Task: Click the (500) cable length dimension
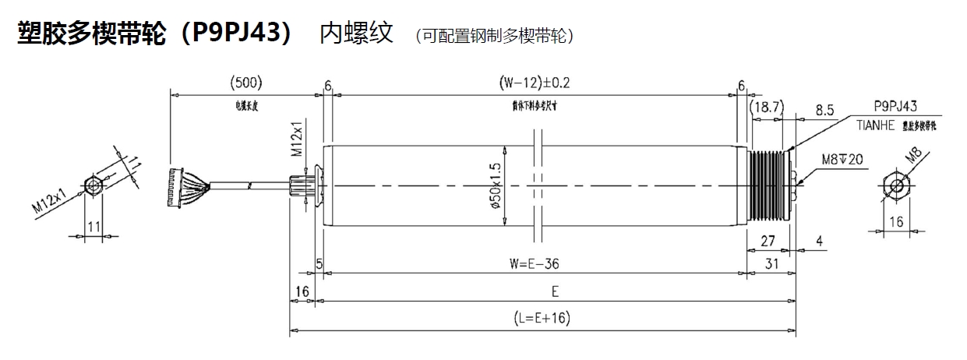(x=247, y=82)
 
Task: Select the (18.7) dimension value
(x=767, y=108)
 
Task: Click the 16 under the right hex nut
(x=896, y=221)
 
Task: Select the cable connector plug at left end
(x=178, y=187)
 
